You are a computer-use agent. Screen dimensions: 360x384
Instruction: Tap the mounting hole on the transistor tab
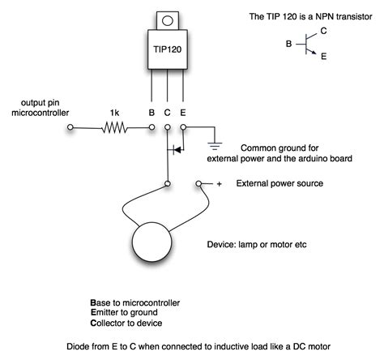click(x=167, y=19)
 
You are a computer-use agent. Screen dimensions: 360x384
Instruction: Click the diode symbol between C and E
click(x=175, y=150)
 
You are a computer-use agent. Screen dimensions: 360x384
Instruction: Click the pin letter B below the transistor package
click(x=151, y=113)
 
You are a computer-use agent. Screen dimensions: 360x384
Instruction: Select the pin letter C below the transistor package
click(x=168, y=113)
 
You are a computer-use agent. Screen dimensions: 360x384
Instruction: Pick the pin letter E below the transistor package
click(x=183, y=113)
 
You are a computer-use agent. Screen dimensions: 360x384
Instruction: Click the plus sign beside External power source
click(x=219, y=183)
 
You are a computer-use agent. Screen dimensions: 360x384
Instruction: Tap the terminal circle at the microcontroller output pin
click(x=71, y=127)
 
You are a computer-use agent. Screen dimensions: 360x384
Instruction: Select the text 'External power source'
click(x=279, y=184)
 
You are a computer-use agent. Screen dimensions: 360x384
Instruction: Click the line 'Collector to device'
click(x=131, y=323)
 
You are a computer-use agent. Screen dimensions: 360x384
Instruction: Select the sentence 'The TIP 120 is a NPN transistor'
click(x=309, y=16)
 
